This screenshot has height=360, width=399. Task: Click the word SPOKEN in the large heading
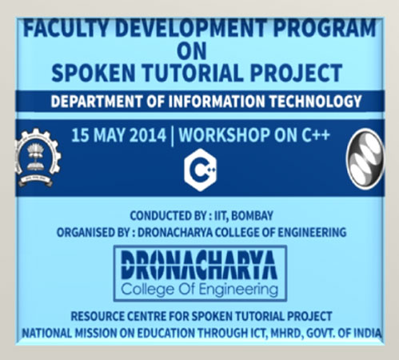coord(93,73)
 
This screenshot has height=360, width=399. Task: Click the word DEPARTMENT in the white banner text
coord(97,102)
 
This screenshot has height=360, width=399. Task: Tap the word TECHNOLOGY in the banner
coord(315,102)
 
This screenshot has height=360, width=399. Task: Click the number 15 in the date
coord(81,135)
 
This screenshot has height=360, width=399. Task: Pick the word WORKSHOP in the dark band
coord(225,135)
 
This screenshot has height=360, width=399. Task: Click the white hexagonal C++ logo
coord(201,170)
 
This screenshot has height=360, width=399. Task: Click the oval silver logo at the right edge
coord(365,158)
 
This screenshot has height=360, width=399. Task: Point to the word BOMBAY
coord(252,216)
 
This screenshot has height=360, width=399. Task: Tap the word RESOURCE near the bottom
coord(98,317)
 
